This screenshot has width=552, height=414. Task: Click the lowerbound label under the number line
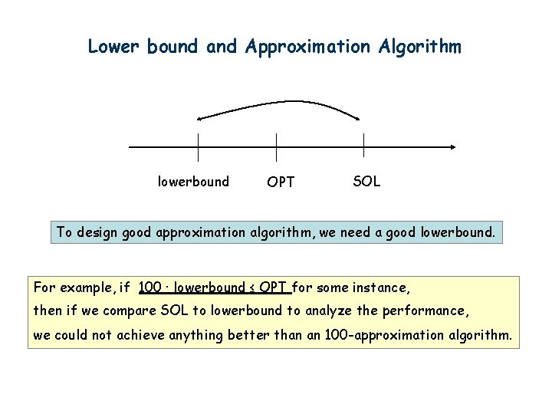193,182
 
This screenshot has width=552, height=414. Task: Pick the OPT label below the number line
281,182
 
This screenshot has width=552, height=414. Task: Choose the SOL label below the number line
366,182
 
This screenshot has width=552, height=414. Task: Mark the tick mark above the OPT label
276,146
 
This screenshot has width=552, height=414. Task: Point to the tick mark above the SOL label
363,146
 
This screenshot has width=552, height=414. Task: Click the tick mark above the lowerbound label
198,146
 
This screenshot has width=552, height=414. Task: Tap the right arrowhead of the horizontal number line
454,146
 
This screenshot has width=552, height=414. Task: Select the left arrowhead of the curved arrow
199,118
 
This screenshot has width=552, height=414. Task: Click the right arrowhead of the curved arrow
357,117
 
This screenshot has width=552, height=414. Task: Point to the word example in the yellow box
88,288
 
